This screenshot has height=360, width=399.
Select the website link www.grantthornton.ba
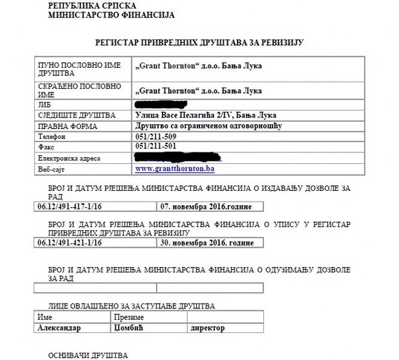(x=175, y=170)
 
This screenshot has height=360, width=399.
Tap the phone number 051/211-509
(x=157, y=137)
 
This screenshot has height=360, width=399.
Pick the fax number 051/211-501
(x=157, y=146)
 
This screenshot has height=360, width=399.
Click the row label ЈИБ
(x=45, y=105)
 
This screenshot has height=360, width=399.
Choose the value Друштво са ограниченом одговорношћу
(x=209, y=126)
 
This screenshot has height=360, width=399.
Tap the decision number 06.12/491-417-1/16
(x=70, y=207)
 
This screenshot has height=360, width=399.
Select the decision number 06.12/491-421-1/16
(x=70, y=243)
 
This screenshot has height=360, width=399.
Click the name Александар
(x=59, y=328)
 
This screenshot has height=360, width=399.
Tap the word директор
(x=207, y=328)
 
